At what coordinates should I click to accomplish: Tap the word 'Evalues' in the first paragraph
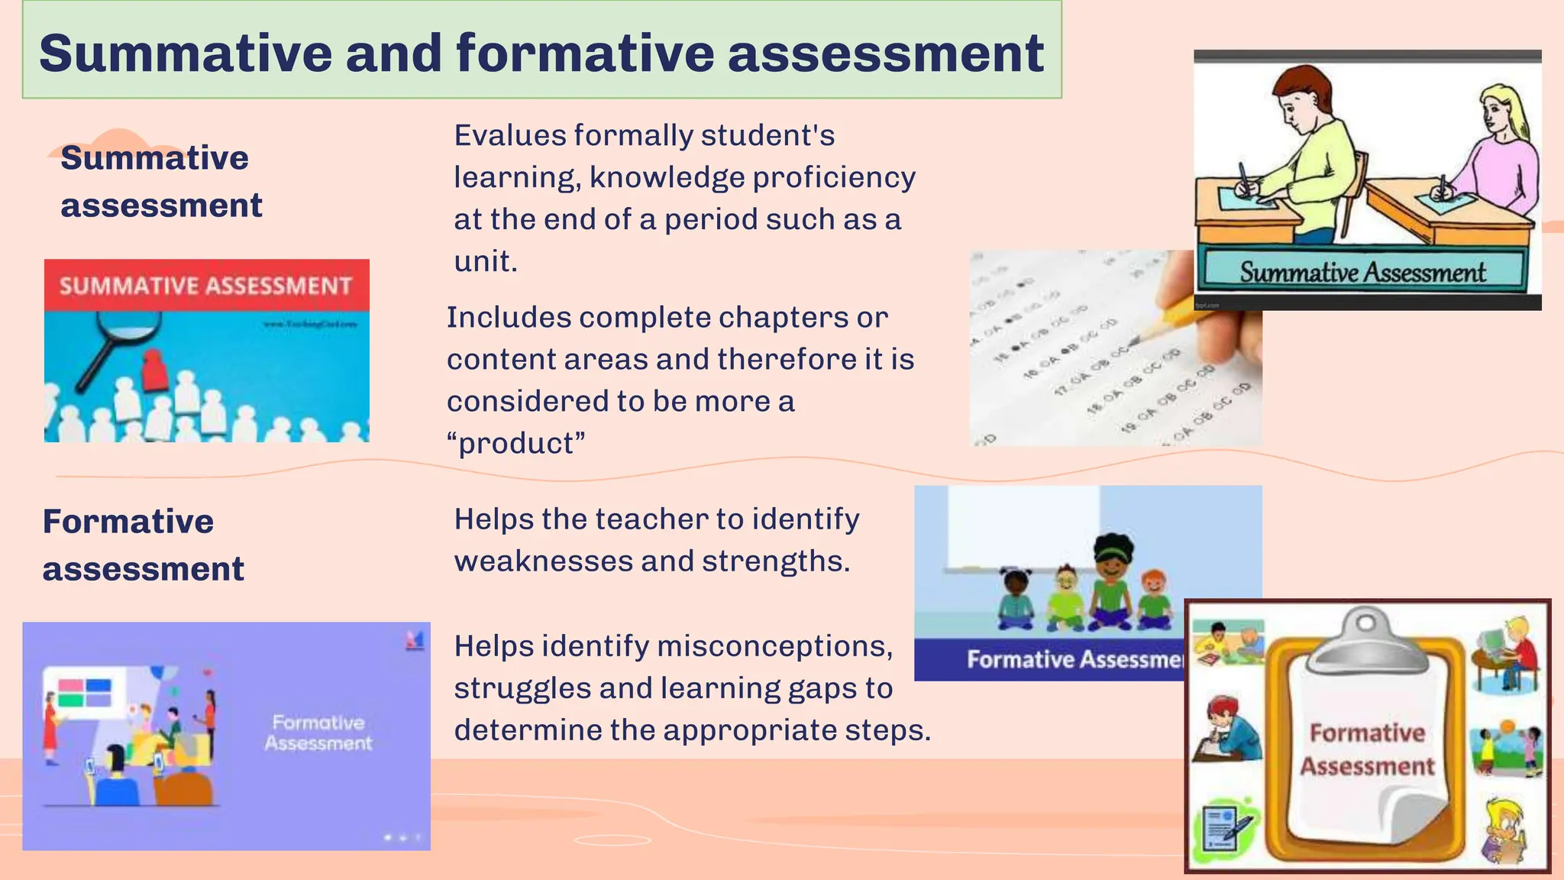[x=509, y=136]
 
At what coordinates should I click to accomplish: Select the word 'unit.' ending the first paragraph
[x=486, y=262]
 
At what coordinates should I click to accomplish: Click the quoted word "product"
[x=516, y=444]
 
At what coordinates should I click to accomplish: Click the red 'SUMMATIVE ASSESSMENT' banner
[x=206, y=286]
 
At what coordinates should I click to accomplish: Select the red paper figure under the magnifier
[x=155, y=370]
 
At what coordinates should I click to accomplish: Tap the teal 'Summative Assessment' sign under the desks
[x=1362, y=272]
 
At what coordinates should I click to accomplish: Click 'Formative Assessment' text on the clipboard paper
[x=1367, y=749]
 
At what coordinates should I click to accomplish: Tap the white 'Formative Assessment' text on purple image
[x=318, y=733]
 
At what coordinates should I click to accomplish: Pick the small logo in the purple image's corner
[x=415, y=641]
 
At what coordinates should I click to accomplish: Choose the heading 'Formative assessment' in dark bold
[x=143, y=545]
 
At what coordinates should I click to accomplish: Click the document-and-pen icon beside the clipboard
[x=1226, y=827]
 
